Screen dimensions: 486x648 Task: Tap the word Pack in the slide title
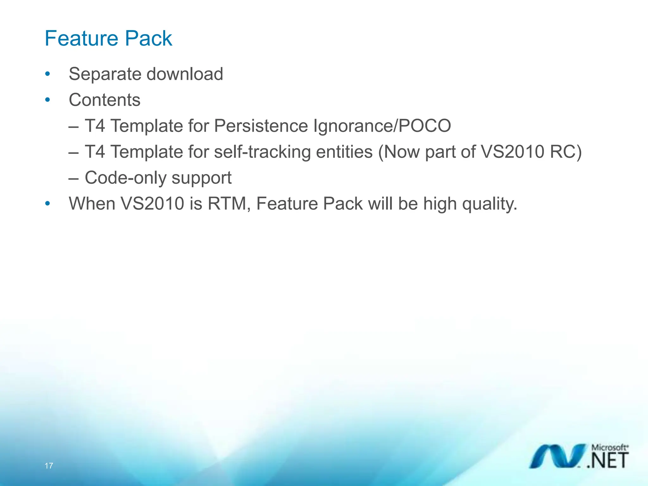[148, 39]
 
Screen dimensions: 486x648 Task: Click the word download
[185, 74]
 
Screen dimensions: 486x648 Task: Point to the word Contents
[104, 100]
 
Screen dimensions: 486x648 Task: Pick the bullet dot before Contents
[47, 100]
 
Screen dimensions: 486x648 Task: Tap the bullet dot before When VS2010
[47, 203]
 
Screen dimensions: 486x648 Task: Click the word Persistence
[261, 126]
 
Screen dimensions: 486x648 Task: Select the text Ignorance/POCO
[382, 126]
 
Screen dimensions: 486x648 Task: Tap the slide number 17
[49, 466]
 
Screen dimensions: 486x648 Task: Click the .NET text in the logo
[607, 460]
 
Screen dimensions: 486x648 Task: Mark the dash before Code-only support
[73, 178]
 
